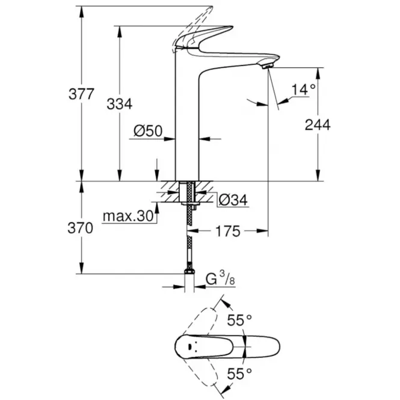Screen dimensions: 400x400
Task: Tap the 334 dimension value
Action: tap(119, 103)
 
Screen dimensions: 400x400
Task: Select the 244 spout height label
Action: tap(318, 125)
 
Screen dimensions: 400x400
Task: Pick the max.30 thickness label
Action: tap(128, 216)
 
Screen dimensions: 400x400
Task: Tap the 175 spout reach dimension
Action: tap(229, 230)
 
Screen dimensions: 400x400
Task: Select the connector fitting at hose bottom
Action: tap(189, 279)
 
